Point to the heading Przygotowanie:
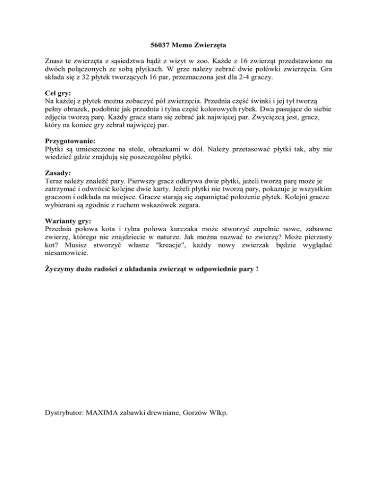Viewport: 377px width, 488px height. [67, 140]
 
